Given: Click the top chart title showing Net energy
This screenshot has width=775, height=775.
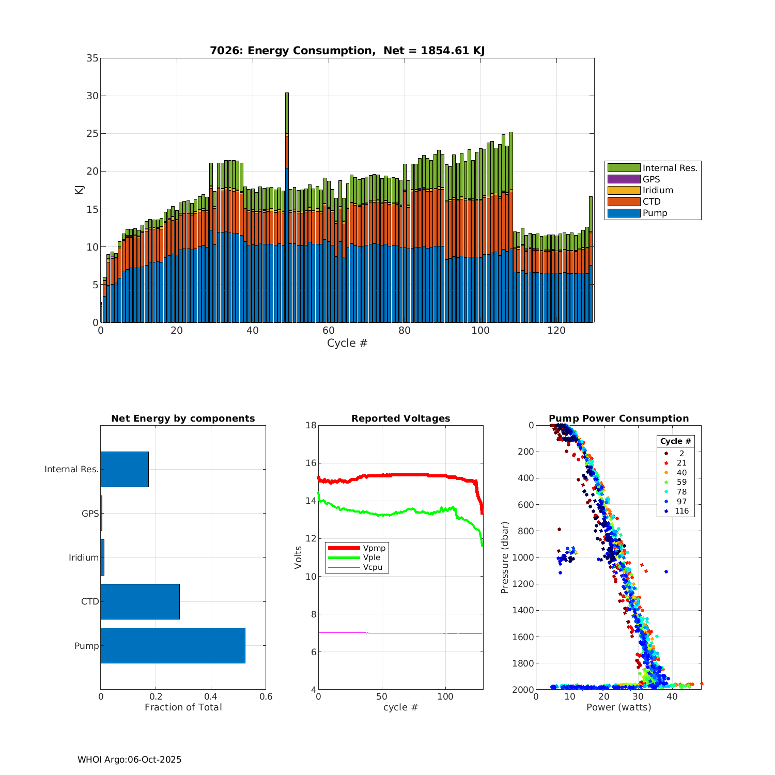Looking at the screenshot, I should [347, 51].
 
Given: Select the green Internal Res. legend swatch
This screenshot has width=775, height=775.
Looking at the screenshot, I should [624, 168].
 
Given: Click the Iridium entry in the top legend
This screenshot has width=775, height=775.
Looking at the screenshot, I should [657, 190].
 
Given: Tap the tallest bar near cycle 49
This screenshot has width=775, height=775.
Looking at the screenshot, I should [287, 207].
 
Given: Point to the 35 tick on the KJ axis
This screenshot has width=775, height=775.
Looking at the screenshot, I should [92, 58].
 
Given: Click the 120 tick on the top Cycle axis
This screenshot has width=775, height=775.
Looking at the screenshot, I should [556, 331].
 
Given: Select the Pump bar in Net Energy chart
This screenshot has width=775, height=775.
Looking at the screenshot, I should [173, 645].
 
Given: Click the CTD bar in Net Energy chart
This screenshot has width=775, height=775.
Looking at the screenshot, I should [140, 601].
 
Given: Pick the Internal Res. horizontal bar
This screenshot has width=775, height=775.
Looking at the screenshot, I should [125, 469].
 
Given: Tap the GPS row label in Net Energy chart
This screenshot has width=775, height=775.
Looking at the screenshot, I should [90, 514].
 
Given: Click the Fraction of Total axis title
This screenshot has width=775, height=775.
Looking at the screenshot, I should [183, 707].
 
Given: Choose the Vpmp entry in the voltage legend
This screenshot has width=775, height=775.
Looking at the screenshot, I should [374, 548].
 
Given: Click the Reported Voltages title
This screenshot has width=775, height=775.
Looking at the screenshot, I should [400, 419].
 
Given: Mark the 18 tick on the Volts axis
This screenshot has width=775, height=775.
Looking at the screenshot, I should [311, 426].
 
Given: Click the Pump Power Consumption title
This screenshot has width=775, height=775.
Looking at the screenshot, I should [618, 419].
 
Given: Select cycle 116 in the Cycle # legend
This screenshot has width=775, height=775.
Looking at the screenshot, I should [681, 511].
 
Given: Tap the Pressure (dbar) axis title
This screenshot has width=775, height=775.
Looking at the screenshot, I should [505, 557].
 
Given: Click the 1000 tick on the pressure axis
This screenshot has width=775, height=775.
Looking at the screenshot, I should [524, 557].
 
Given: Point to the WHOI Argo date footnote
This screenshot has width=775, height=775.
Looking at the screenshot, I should [129, 760].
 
